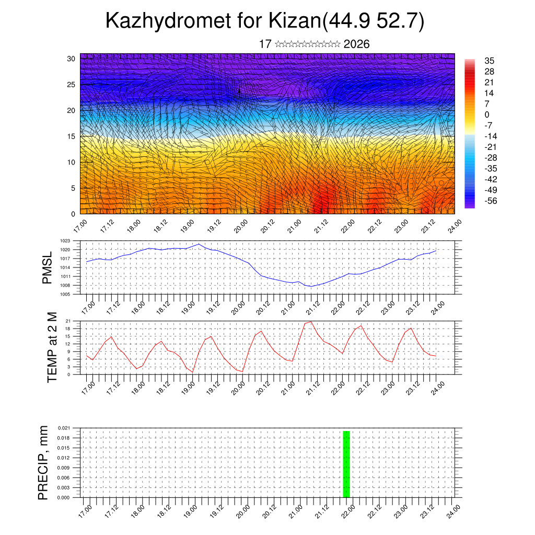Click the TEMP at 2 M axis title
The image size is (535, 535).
(52, 347)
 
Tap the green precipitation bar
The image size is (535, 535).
(346, 464)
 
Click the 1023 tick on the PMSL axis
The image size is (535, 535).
(65, 241)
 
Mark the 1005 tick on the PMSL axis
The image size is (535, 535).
(65, 294)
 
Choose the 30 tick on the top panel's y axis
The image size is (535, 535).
(71, 59)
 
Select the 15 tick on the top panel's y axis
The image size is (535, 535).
(71, 136)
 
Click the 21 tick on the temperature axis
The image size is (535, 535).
(68, 321)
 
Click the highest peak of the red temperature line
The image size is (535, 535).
(311, 321)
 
